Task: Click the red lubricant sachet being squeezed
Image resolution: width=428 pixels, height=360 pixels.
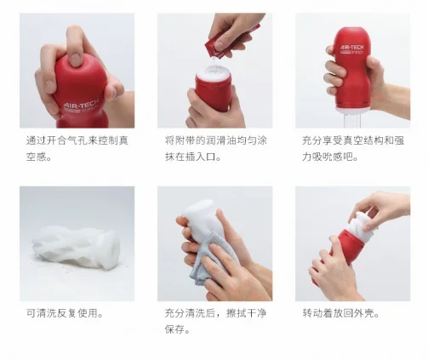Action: pos(231,41)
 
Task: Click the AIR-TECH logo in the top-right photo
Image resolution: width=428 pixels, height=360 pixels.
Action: pos(351,49)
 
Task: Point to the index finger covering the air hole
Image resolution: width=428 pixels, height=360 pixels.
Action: pos(74,47)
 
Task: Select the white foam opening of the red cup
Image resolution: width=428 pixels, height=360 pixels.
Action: pos(214,74)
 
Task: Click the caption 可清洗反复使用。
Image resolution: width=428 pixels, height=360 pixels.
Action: pos(65,313)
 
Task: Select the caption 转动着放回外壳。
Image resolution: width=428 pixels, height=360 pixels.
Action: pos(341,313)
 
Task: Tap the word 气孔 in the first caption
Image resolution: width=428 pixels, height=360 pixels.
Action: pos(77,140)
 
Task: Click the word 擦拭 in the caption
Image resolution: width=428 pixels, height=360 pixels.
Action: pos(236,313)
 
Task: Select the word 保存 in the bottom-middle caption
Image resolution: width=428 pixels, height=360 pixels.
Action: pos(175,329)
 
